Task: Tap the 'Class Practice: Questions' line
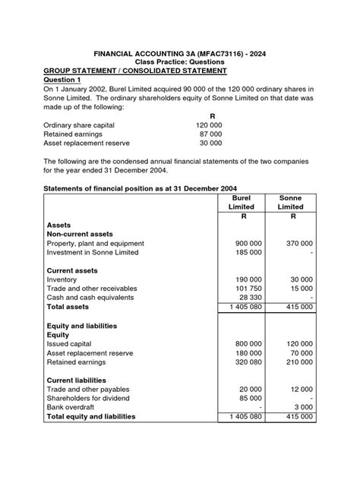coord(179,62)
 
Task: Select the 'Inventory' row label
coord(62,279)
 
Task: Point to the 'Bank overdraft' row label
coord(74,407)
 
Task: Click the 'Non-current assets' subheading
coord(79,235)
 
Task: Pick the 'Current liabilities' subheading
coord(77,380)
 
